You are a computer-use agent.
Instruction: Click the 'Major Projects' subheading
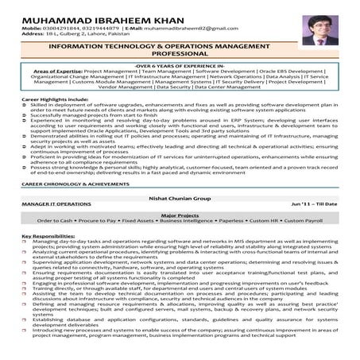pyautogui.click(x=180, y=215)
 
